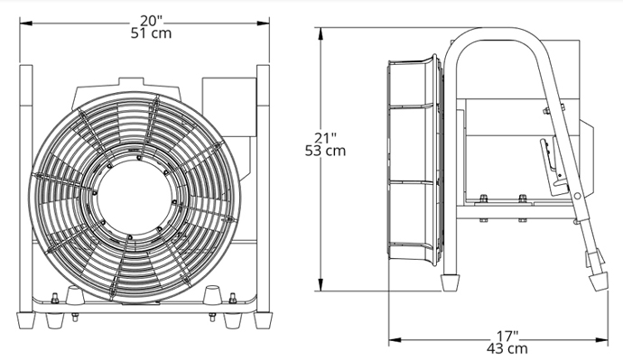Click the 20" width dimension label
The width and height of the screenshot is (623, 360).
(151, 21)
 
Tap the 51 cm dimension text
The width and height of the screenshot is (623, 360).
(151, 33)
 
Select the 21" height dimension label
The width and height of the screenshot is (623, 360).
(325, 138)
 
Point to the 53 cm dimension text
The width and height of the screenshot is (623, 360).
(325, 151)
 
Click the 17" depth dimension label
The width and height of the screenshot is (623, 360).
(507, 337)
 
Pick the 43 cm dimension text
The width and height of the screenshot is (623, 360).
(507, 349)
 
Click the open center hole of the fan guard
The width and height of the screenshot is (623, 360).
(134, 197)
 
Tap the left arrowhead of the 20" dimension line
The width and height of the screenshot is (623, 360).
(26, 23)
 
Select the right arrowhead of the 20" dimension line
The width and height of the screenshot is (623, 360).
(263, 23)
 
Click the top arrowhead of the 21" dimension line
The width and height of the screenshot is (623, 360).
(321, 33)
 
